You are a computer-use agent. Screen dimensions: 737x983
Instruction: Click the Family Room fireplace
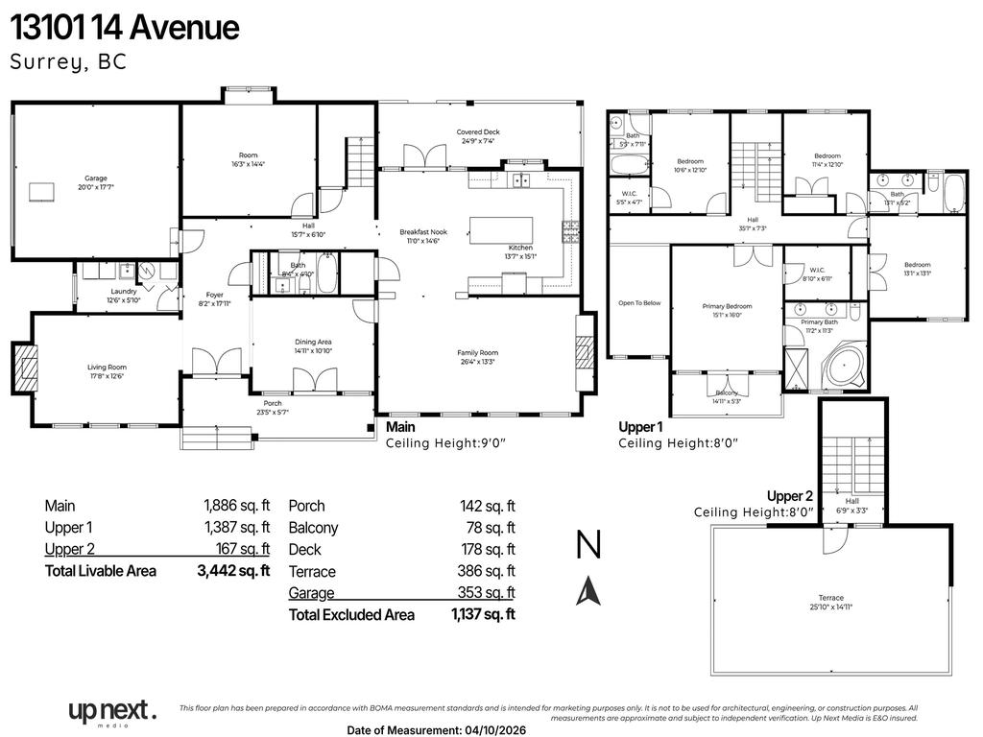tap(584, 352)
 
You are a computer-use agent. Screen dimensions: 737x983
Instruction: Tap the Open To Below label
tap(638, 303)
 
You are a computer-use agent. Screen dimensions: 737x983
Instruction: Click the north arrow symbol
tap(588, 590)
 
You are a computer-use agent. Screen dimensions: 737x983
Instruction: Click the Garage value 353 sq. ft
tap(486, 593)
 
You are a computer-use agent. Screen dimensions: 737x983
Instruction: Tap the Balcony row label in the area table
tap(313, 528)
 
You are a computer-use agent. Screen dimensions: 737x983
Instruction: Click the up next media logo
tap(111, 712)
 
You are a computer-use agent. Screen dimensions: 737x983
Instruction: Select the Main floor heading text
tap(400, 427)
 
